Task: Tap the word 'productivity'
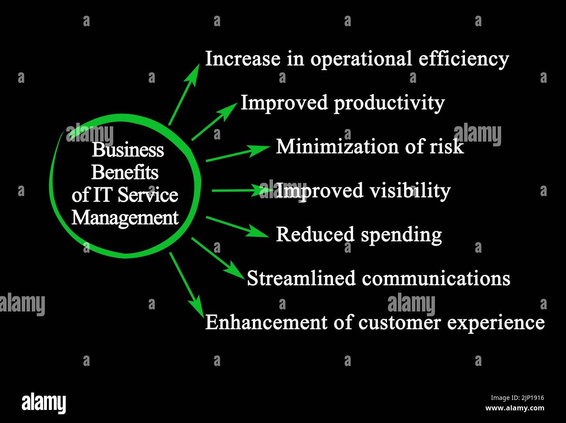click(x=389, y=104)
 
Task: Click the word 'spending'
click(x=401, y=235)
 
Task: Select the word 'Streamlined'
click(x=301, y=278)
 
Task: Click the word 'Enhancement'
click(x=266, y=322)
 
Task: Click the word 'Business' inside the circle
click(x=128, y=150)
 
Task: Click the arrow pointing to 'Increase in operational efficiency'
click(x=184, y=95)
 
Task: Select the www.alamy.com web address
click(x=515, y=408)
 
